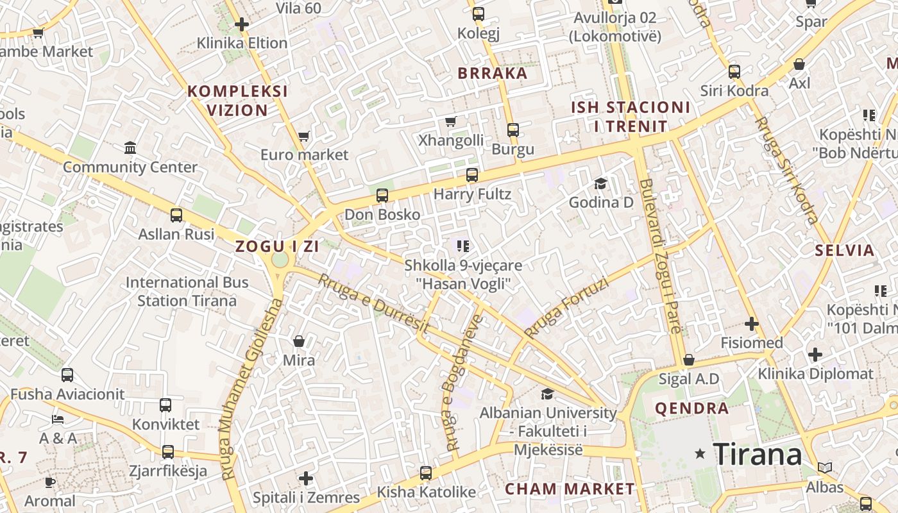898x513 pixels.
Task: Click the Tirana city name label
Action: click(x=757, y=454)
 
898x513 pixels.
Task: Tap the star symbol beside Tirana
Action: click(x=700, y=454)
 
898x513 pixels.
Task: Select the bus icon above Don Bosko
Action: click(x=382, y=195)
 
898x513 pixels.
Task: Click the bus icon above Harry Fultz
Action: click(x=472, y=174)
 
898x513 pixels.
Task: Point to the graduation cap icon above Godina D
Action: click(x=600, y=184)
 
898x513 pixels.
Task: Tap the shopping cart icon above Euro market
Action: click(x=304, y=136)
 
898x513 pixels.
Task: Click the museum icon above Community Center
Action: click(x=130, y=148)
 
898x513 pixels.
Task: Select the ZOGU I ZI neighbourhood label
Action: click(x=277, y=246)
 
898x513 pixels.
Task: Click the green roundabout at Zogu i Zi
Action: click(x=280, y=260)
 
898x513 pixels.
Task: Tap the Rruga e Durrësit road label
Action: click(x=373, y=303)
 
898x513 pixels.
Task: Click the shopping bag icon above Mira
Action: click(x=298, y=341)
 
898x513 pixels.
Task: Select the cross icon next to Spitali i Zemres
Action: click(x=306, y=478)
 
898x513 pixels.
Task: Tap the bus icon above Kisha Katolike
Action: click(x=426, y=473)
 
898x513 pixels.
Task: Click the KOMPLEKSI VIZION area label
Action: click(x=237, y=101)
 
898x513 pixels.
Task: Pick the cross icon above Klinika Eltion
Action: click(x=241, y=25)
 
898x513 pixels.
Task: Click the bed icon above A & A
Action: click(x=58, y=419)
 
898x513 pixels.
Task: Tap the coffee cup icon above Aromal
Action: click(x=50, y=482)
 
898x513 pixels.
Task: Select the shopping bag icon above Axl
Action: click(x=799, y=64)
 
